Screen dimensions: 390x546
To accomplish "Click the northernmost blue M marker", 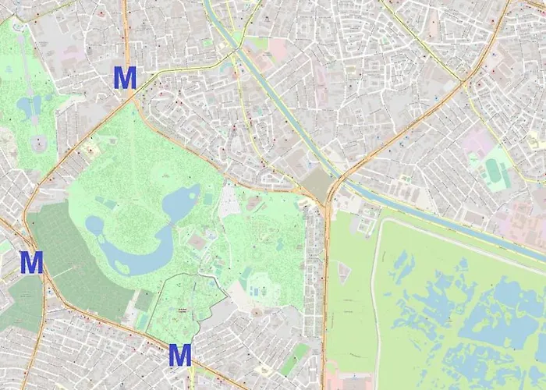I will coord(125,78).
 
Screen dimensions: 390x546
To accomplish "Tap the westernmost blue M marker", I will coord(31,263).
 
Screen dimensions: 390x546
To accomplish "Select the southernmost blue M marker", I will coord(180,356).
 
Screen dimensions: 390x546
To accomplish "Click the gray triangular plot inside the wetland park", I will coord(344,272).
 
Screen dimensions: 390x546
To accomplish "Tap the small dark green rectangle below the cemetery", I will coord(144,300).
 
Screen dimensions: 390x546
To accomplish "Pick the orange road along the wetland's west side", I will coord(326,296).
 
